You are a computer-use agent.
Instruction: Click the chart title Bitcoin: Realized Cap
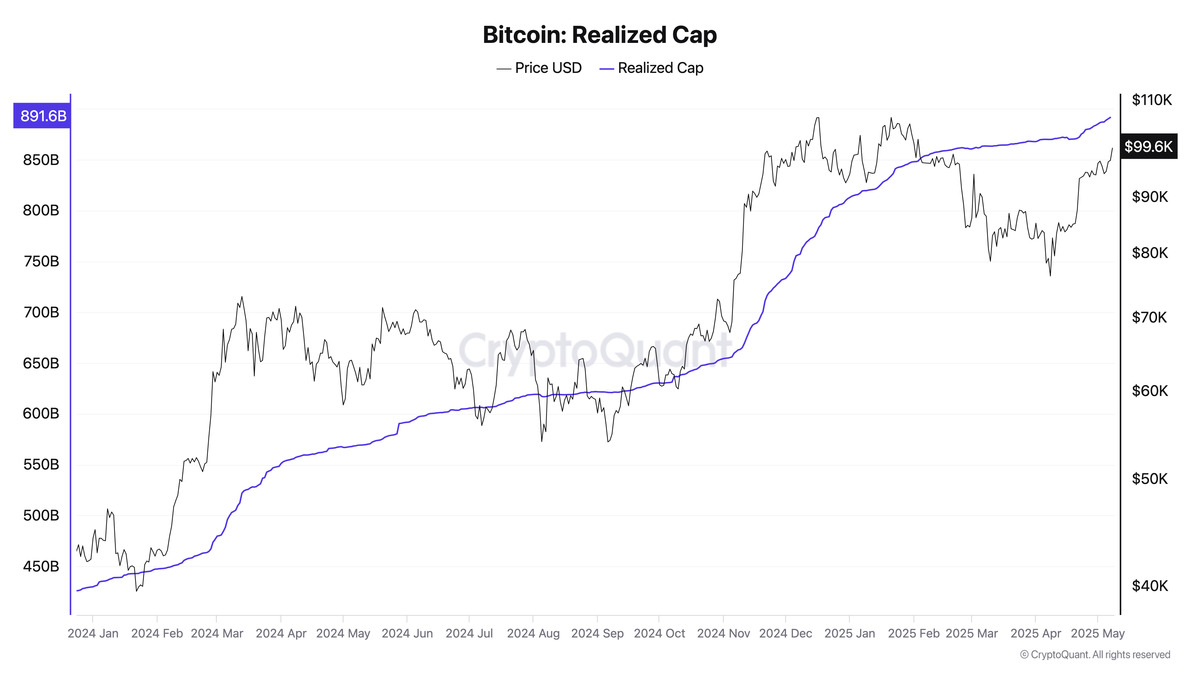[x=599, y=35]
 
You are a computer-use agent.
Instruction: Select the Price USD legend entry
[x=539, y=68]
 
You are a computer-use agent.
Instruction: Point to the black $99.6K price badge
[x=1148, y=146]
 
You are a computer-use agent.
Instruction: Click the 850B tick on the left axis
[x=41, y=160]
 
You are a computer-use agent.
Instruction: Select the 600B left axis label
[x=41, y=413]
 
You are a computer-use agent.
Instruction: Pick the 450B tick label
[x=41, y=566]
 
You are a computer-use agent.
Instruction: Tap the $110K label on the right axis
[x=1152, y=100]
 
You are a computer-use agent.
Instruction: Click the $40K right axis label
[x=1150, y=586]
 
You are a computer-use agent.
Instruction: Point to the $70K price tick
[x=1149, y=317]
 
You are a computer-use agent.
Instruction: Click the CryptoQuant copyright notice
[x=1095, y=655]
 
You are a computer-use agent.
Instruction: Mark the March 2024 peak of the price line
[x=241, y=297]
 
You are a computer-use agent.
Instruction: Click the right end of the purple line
[x=1111, y=117]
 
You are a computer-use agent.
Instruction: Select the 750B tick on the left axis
[x=41, y=261]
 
